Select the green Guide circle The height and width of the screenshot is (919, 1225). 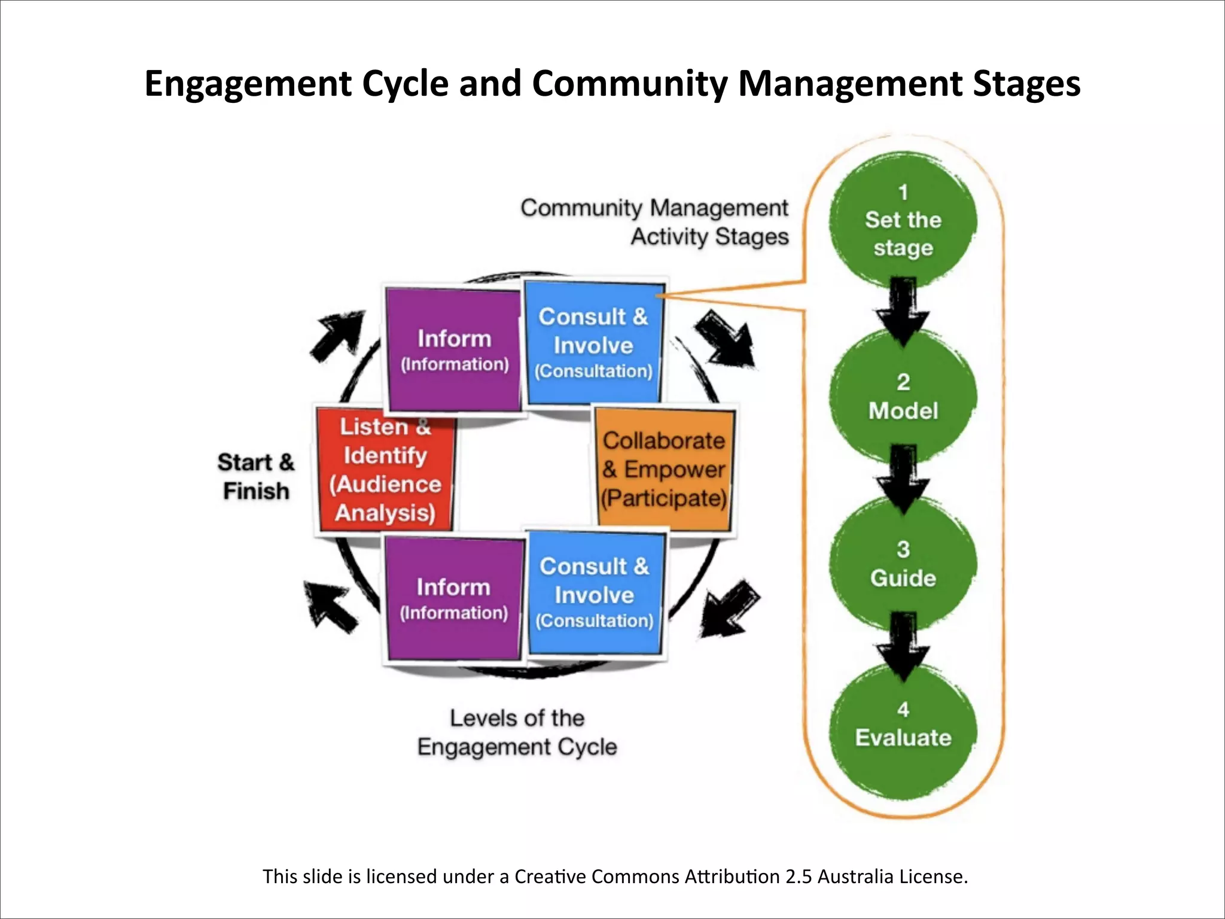tap(903, 564)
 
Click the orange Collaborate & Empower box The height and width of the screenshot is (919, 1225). tap(665, 470)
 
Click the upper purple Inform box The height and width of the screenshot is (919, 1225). tap(454, 351)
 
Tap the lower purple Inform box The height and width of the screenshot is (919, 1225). tap(453, 599)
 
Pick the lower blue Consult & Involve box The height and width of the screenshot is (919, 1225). tap(595, 592)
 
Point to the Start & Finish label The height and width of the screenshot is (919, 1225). tap(256, 477)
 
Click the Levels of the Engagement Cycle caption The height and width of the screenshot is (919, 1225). tap(517, 732)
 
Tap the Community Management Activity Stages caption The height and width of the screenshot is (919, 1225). tap(655, 222)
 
